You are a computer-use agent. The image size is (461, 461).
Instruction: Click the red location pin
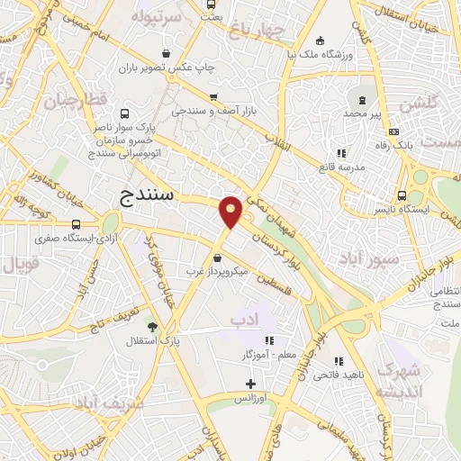[231, 212]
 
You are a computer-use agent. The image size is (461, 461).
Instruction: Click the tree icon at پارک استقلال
[151, 327]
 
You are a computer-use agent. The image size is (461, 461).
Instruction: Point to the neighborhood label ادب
[244, 319]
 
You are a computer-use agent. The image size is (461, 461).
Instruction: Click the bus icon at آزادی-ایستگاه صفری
[74, 224]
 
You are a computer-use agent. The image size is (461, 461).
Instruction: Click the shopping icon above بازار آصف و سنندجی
[212, 97]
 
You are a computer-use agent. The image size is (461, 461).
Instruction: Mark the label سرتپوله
[155, 16]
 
